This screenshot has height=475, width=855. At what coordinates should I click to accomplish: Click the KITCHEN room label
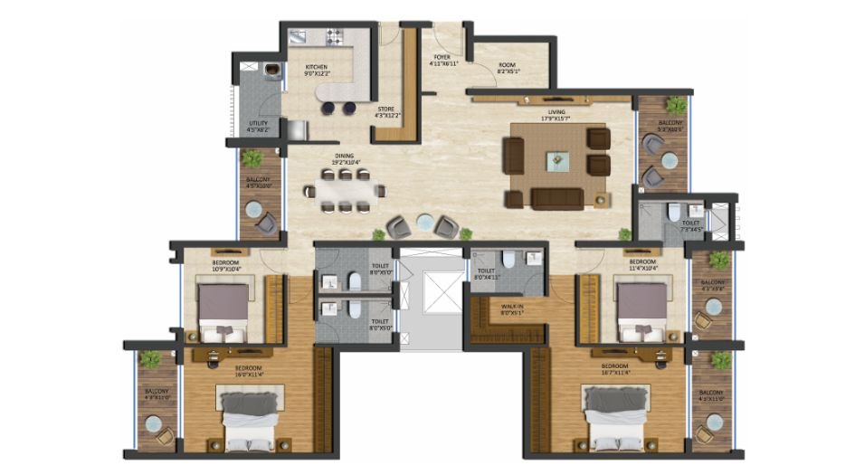pyautogui.click(x=317, y=67)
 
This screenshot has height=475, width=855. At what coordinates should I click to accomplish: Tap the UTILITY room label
pyautogui.click(x=258, y=124)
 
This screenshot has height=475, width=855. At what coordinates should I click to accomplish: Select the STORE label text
pyautogui.click(x=387, y=109)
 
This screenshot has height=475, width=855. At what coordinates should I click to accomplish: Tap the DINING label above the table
pyautogui.click(x=344, y=156)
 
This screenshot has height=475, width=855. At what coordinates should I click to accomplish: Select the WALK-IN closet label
pyautogui.click(x=511, y=306)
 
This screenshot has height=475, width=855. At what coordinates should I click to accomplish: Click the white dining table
pyautogui.click(x=344, y=191)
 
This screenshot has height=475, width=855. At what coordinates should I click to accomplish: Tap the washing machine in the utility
pyautogui.click(x=271, y=69)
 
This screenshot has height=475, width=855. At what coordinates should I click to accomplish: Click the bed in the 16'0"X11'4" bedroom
pyautogui.click(x=249, y=418)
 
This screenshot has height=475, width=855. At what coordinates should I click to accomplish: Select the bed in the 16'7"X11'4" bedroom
pyautogui.click(x=617, y=418)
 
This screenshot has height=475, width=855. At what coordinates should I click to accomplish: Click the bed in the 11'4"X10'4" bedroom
pyautogui.click(x=641, y=309)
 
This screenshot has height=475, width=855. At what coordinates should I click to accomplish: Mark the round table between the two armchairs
pyautogui.click(x=423, y=220)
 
